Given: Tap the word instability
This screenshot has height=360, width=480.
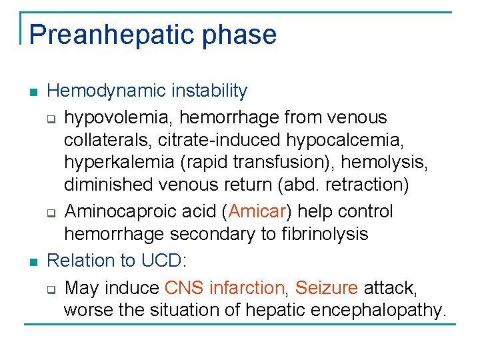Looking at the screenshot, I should pos(211,91).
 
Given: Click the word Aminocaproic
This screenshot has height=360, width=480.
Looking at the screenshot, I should pos(123,212).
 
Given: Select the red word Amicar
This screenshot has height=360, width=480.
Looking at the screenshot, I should pos(257,212).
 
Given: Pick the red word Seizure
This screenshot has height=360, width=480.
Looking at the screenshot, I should pos(327,288).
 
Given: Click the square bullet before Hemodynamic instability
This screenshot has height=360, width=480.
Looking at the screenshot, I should pos(33,92).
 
